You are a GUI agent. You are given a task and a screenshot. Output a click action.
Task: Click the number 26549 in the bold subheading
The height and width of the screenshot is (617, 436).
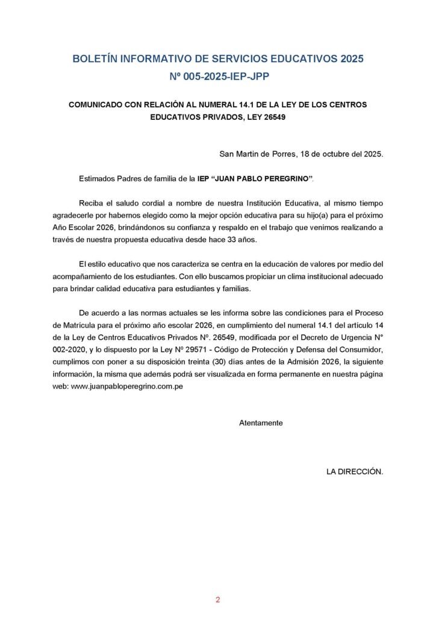click(273, 117)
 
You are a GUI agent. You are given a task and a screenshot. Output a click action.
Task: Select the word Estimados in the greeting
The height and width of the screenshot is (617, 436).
click(97, 179)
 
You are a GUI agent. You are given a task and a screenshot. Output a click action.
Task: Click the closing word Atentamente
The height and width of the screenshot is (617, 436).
click(261, 423)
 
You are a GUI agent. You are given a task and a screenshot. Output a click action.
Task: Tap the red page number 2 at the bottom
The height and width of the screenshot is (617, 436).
click(218, 600)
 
